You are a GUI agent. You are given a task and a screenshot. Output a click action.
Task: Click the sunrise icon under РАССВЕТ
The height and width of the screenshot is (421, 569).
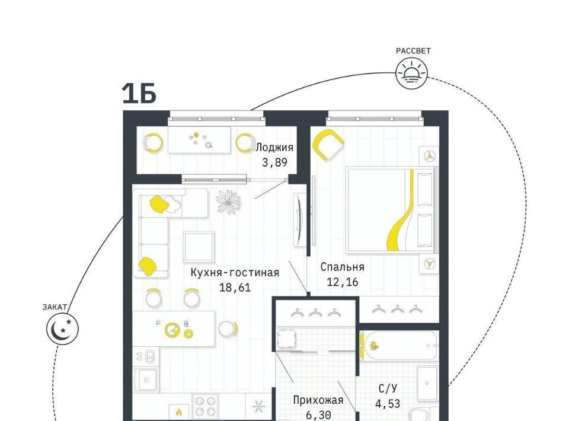(x=411, y=73)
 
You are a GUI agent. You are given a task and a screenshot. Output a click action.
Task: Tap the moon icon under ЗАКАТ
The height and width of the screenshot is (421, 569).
(x=62, y=328)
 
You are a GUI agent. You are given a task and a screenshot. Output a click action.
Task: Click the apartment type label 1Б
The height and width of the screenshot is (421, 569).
(x=139, y=93)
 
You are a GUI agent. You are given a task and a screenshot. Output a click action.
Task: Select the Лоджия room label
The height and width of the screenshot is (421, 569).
(x=274, y=148)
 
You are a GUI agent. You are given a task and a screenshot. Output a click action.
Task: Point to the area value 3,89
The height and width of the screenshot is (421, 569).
(x=274, y=162)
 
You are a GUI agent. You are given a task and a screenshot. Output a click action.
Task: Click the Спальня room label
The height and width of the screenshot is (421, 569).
(x=342, y=267)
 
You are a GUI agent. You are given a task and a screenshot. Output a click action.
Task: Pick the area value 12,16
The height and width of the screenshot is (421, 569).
(x=342, y=282)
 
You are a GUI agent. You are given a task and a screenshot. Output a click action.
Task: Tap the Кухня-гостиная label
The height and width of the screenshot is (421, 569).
(x=235, y=273)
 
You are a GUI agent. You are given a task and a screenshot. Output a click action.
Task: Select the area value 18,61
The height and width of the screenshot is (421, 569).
(x=235, y=288)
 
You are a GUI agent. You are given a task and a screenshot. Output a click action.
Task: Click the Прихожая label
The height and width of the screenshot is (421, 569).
(x=318, y=400)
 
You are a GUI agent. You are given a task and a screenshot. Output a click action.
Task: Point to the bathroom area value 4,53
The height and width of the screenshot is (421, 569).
(x=388, y=404)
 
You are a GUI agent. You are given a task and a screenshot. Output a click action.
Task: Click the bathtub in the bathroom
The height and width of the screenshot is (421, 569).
(x=399, y=345)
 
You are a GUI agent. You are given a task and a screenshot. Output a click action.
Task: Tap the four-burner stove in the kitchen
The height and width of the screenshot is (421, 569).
(x=206, y=406)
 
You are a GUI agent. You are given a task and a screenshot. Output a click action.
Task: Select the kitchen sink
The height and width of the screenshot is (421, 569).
(x=146, y=379)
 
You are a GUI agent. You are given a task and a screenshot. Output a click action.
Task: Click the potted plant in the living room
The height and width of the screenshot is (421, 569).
(x=229, y=202)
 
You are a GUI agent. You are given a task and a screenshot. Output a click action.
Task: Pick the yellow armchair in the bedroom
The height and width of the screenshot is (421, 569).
(x=328, y=145)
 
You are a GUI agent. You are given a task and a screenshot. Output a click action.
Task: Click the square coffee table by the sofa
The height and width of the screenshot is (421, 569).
(x=199, y=247)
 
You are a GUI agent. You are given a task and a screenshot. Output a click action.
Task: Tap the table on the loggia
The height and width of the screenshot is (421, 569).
(x=199, y=140)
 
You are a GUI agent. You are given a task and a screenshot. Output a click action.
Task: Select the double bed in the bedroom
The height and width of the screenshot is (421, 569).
(x=392, y=210)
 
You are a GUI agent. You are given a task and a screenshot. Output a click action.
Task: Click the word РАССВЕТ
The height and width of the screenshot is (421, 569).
(x=413, y=51)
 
